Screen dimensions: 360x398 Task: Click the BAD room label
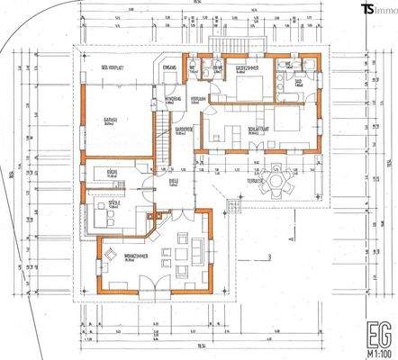pos(297,81)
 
